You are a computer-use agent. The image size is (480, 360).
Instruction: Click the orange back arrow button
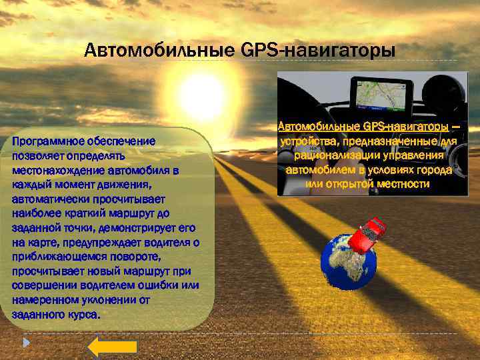112,346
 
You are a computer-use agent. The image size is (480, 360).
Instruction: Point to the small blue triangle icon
26,343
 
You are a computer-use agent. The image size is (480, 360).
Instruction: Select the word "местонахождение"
54,170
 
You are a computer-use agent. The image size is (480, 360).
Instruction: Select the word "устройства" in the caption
307,141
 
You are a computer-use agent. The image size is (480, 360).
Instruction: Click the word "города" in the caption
436,169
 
